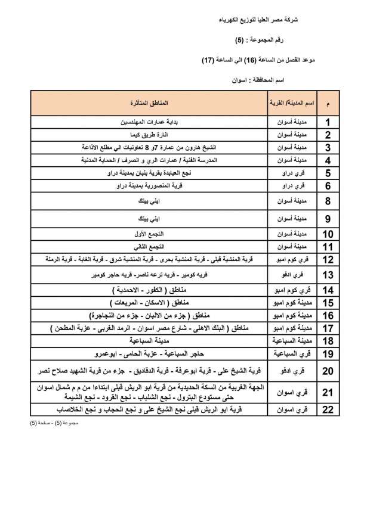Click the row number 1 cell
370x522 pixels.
tap(328, 123)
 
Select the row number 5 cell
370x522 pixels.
tap(328, 173)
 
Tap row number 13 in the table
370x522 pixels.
tap(328, 275)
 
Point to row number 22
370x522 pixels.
tap(328, 410)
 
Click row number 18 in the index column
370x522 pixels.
tap(328, 341)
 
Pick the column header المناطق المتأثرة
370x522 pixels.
tap(149, 103)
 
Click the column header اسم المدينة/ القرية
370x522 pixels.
tap(292, 103)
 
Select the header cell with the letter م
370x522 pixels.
tap(328, 103)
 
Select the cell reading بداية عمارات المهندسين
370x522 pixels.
tap(149, 123)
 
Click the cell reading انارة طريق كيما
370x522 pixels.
tap(149, 135)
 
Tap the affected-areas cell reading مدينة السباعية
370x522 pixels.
tap(149, 341)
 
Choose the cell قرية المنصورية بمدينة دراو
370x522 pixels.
tap(149, 186)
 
